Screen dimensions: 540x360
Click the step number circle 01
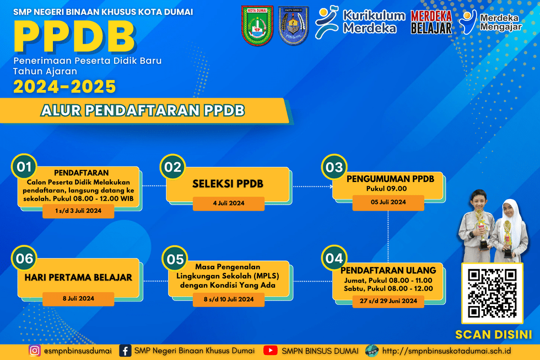tap(24, 166)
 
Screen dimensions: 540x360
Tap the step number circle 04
tap(334, 259)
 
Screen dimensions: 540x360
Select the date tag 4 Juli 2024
tap(229, 203)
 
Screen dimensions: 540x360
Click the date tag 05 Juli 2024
tap(388, 202)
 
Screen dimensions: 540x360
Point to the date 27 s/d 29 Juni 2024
tap(388, 301)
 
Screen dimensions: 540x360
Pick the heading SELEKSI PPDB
tap(228, 184)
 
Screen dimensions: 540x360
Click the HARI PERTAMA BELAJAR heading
tap(78, 277)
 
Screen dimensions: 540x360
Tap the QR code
tap(492, 293)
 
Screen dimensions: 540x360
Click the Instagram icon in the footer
tap(34, 351)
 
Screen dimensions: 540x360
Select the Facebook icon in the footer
tap(125, 351)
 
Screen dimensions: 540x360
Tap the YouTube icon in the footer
tap(271, 351)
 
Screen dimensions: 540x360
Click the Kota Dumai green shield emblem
tap(257, 25)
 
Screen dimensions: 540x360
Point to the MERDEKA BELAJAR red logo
tap(431, 22)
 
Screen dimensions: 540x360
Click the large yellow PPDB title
tap(74, 36)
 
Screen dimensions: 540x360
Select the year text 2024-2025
tap(64, 87)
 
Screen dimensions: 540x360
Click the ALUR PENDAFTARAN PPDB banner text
tap(143, 111)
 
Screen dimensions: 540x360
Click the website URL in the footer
tap(446, 351)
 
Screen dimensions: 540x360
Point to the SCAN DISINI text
tap(494, 335)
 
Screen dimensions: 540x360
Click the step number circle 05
tap(175, 259)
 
